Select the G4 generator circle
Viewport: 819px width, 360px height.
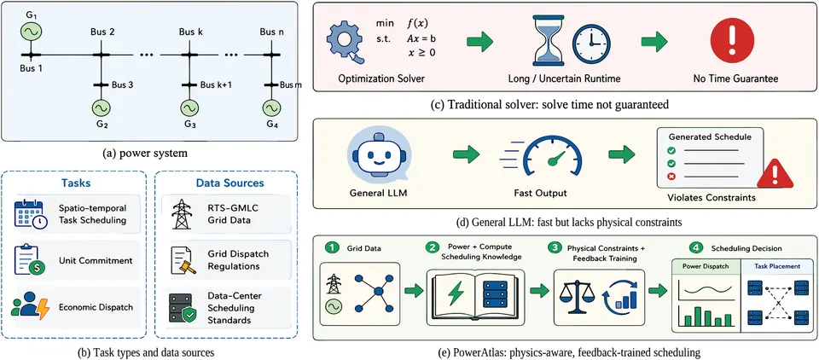coord(270,108)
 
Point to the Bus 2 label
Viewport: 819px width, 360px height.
coord(102,32)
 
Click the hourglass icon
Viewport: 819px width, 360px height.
coord(547,40)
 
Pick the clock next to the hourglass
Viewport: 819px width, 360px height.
coord(592,43)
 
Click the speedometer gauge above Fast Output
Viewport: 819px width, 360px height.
coord(546,155)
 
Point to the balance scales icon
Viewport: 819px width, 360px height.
coord(573,297)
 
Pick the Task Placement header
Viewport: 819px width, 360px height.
coord(776,266)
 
